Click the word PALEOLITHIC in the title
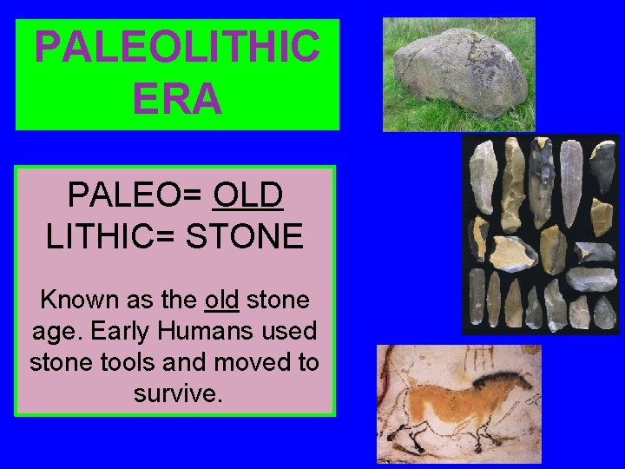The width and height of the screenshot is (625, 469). [176, 47]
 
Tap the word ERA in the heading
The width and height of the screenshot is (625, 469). [177, 99]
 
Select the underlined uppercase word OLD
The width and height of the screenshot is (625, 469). [247, 196]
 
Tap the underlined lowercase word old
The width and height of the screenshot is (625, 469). [221, 301]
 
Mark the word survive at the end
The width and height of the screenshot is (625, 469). [177, 393]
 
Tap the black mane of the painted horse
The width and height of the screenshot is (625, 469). [497, 379]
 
